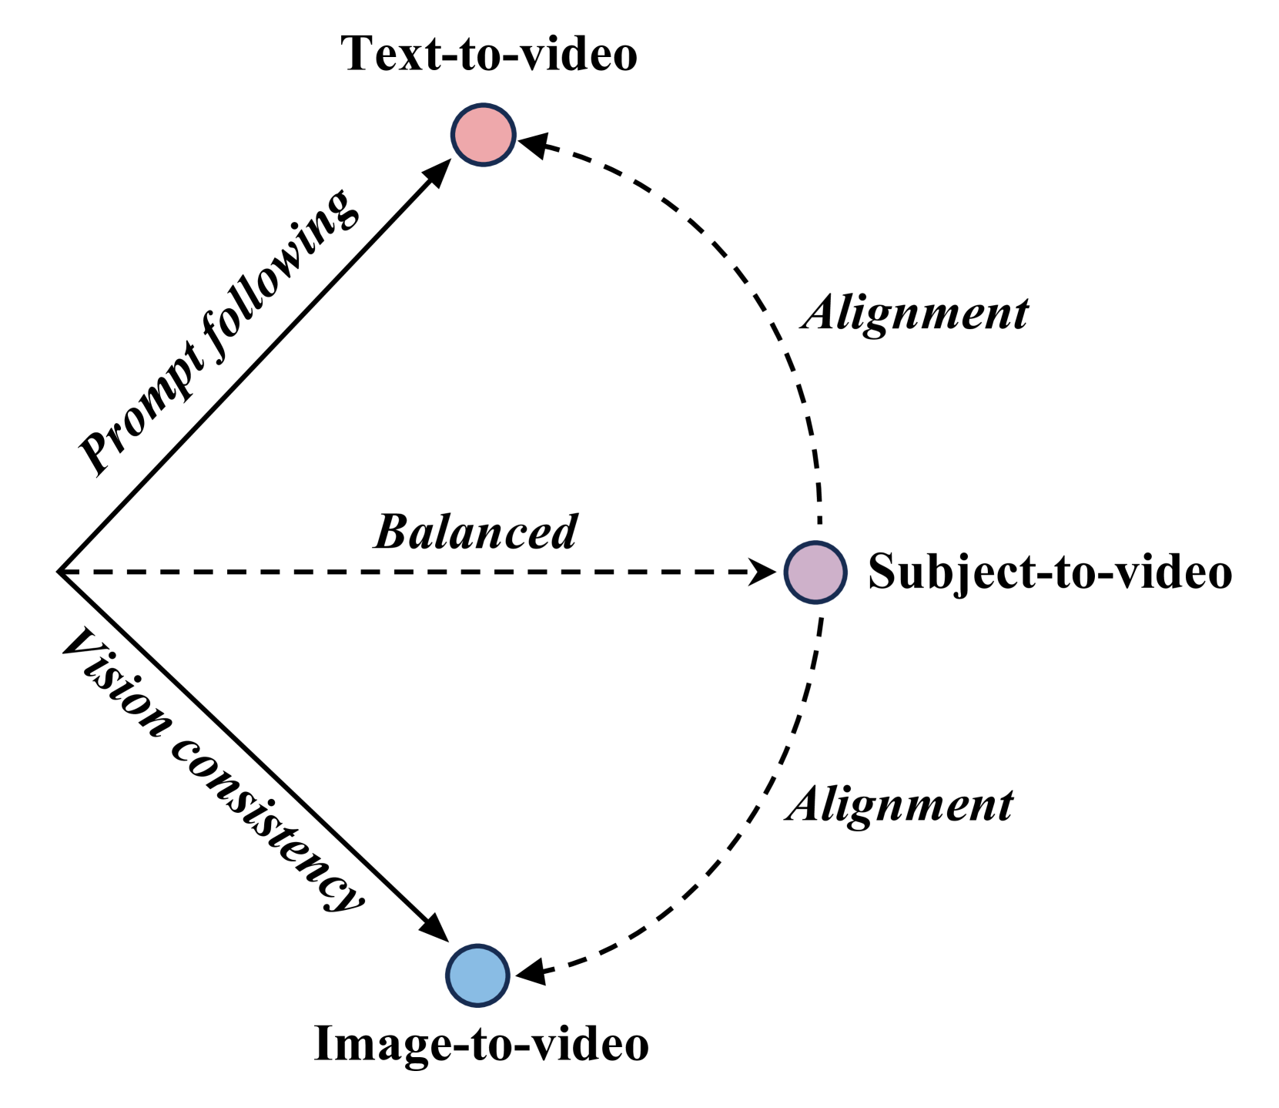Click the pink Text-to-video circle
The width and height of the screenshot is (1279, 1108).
point(483,135)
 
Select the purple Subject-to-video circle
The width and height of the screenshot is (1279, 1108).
point(815,572)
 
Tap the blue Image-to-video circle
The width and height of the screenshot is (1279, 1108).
point(478,975)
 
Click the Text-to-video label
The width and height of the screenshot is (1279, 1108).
point(489,55)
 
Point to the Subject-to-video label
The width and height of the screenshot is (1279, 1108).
point(1050,572)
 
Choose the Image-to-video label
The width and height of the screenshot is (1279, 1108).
point(481,1044)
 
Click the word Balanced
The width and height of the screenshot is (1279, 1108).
point(476,532)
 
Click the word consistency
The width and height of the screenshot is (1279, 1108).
point(266,824)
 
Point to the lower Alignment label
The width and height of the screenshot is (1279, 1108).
point(899,805)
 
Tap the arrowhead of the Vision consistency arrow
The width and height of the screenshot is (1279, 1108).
point(435,928)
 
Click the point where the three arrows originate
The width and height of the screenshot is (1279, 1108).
point(59,572)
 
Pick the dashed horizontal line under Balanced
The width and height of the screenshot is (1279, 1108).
point(385,572)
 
